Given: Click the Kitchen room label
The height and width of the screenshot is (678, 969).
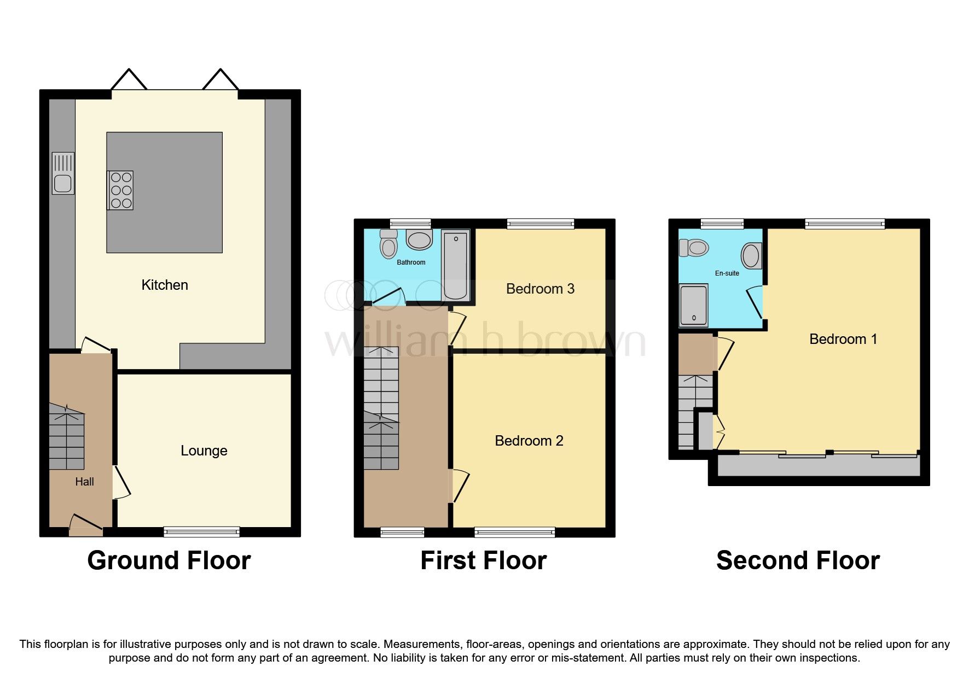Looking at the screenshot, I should [x=165, y=285].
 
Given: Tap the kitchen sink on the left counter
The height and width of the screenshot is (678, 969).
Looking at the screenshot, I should [x=63, y=173].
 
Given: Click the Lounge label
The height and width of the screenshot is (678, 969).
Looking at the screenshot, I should [x=204, y=451].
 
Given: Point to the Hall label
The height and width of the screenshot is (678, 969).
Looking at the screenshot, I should [x=84, y=482].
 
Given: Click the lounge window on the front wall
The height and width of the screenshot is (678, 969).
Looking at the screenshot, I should [x=201, y=531].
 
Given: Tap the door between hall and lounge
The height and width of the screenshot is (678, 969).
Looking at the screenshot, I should [x=121, y=482].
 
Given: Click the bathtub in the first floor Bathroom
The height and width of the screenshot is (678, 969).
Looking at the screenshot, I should [x=455, y=265].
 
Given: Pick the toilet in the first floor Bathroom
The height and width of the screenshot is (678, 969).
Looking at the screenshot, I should [x=388, y=244].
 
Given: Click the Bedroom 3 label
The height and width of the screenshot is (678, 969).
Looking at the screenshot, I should [x=540, y=289].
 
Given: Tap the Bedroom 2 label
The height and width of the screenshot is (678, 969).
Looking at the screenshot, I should [x=529, y=441].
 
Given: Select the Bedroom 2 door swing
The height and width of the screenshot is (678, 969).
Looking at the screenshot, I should [x=459, y=486].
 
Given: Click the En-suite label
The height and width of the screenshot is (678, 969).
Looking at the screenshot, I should [x=727, y=273].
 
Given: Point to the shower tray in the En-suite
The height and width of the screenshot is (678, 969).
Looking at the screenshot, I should [x=693, y=305].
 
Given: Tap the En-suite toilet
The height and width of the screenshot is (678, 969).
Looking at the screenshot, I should [x=694, y=248].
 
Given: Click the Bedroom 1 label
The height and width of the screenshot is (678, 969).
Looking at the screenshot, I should [x=843, y=339].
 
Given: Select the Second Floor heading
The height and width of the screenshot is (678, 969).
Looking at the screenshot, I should [x=798, y=560].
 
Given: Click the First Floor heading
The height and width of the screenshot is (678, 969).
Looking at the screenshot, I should [x=483, y=560].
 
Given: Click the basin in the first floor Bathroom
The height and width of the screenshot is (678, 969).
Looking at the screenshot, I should [x=420, y=240].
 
